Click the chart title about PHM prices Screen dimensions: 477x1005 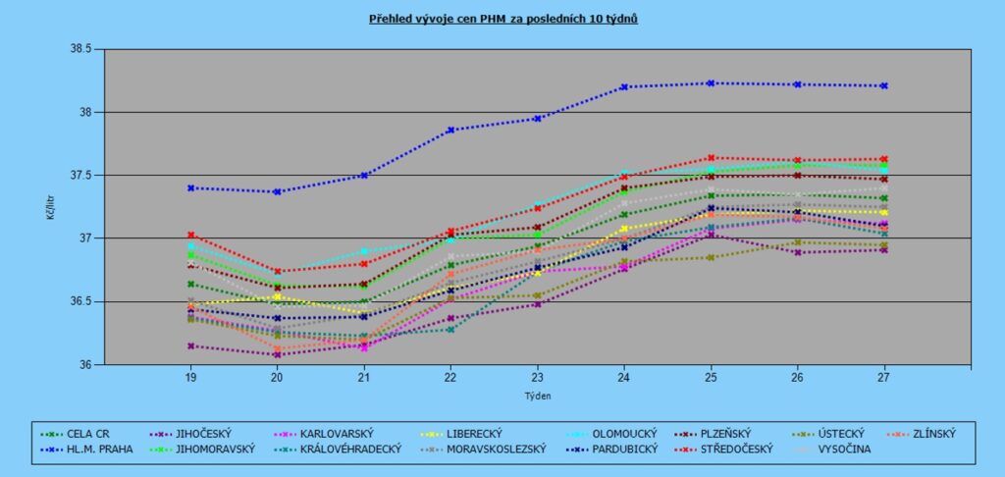pos(502,19)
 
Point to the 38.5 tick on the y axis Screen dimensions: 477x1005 pos(79,49)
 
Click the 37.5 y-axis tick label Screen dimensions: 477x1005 pos(79,176)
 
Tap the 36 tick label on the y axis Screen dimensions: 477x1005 pos(84,365)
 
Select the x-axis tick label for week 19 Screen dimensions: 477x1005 pos(190,377)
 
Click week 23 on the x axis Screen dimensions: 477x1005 pos(537,377)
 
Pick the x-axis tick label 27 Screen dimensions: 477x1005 pos(883,377)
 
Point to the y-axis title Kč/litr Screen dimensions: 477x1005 pos(49,206)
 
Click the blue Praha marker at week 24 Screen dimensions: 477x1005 pos(624,86)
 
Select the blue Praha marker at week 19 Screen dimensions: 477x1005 pos(190,187)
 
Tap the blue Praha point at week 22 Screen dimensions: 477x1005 pos(450,130)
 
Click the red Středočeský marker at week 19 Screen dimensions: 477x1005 pos(190,236)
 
